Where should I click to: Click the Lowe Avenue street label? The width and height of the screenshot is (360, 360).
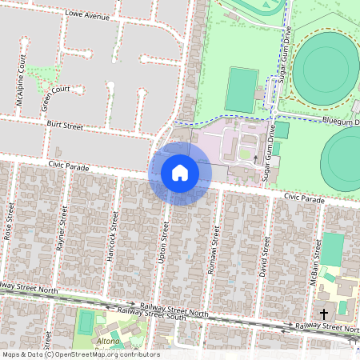[87, 14]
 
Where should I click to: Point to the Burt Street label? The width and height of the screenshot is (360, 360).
[65, 126]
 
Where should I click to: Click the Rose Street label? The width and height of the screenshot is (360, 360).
[9, 227]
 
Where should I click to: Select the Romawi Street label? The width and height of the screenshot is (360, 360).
[214, 250]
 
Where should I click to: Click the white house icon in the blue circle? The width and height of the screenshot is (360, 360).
[180, 172]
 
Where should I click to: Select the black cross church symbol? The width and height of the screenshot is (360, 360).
[324, 314]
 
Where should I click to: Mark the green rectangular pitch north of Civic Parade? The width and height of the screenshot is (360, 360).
[241, 90]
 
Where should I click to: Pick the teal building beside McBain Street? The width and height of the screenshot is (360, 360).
[331, 249]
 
